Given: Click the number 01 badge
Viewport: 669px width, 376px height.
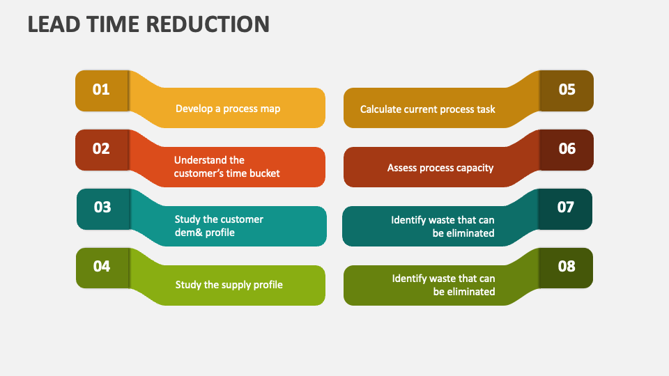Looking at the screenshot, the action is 102,91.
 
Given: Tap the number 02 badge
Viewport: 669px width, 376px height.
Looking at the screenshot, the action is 102,150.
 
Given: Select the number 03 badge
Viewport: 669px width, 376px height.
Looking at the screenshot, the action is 103,209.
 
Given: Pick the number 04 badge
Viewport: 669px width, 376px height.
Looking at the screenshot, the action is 102,268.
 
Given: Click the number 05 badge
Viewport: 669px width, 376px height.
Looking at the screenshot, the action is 567,91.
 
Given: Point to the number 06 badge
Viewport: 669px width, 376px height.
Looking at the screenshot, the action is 567,150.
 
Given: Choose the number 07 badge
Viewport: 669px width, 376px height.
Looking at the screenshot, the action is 565,209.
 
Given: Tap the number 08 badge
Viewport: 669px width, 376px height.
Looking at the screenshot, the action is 566,268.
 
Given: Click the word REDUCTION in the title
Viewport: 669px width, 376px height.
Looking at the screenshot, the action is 208,24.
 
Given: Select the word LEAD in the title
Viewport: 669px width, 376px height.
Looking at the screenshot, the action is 54,24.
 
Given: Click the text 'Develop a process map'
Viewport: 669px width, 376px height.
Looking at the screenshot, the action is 228,109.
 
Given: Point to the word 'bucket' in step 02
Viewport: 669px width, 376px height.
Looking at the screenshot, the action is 266,173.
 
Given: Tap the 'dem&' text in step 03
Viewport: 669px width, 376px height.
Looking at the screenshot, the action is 187,233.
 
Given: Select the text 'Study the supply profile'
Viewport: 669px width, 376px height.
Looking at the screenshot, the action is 229,285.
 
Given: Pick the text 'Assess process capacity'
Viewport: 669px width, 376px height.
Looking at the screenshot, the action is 440,168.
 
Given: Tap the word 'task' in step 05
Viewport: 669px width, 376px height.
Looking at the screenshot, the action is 486,109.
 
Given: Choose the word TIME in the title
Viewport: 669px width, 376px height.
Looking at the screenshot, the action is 113,24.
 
